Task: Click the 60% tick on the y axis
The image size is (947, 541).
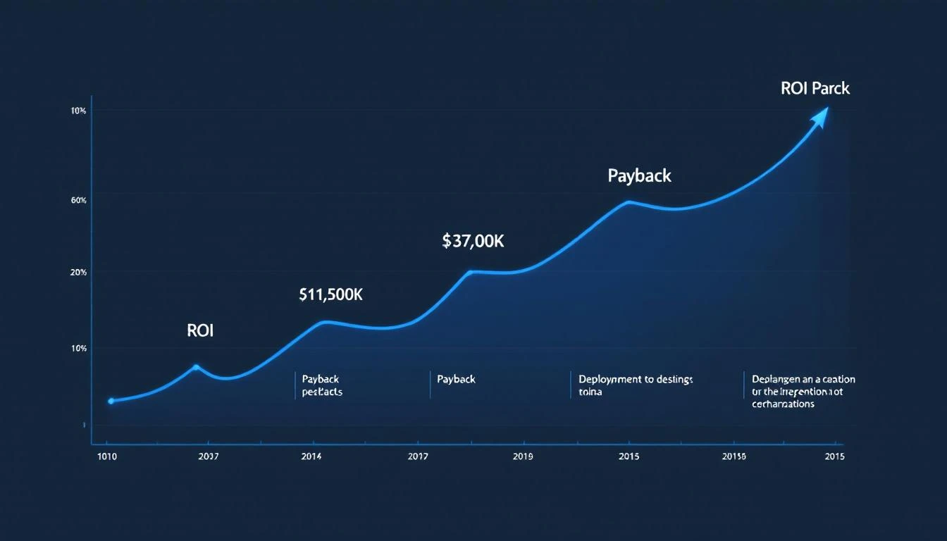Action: [x=78, y=201]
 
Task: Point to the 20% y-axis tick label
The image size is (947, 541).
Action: [x=78, y=273]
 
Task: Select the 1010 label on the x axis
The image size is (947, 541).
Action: [x=106, y=456]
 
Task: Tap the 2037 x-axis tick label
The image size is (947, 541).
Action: [x=209, y=456]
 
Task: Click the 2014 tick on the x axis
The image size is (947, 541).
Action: [x=311, y=456]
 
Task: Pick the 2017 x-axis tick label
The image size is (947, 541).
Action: [x=419, y=456]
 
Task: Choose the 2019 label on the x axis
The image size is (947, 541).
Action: [x=523, y=456]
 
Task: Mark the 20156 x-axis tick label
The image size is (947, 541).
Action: [x=734, y=456]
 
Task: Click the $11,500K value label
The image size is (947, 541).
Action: [x=330, y=295]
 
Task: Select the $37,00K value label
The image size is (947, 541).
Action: [x=473, y=241]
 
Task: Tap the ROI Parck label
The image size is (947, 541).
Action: [x=815, y=89]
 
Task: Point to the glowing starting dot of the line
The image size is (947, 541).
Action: [x=111, y=401]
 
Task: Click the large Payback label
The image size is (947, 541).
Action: [x=639, y=175]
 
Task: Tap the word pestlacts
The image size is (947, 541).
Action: [x=322, y=392]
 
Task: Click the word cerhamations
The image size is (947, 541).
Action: [x=783, y=404]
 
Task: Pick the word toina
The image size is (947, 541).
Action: [x=590, y=392]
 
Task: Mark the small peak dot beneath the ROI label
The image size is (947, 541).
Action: [x=196, y=366]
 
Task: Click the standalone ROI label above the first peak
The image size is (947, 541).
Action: [x=200, y=330]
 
